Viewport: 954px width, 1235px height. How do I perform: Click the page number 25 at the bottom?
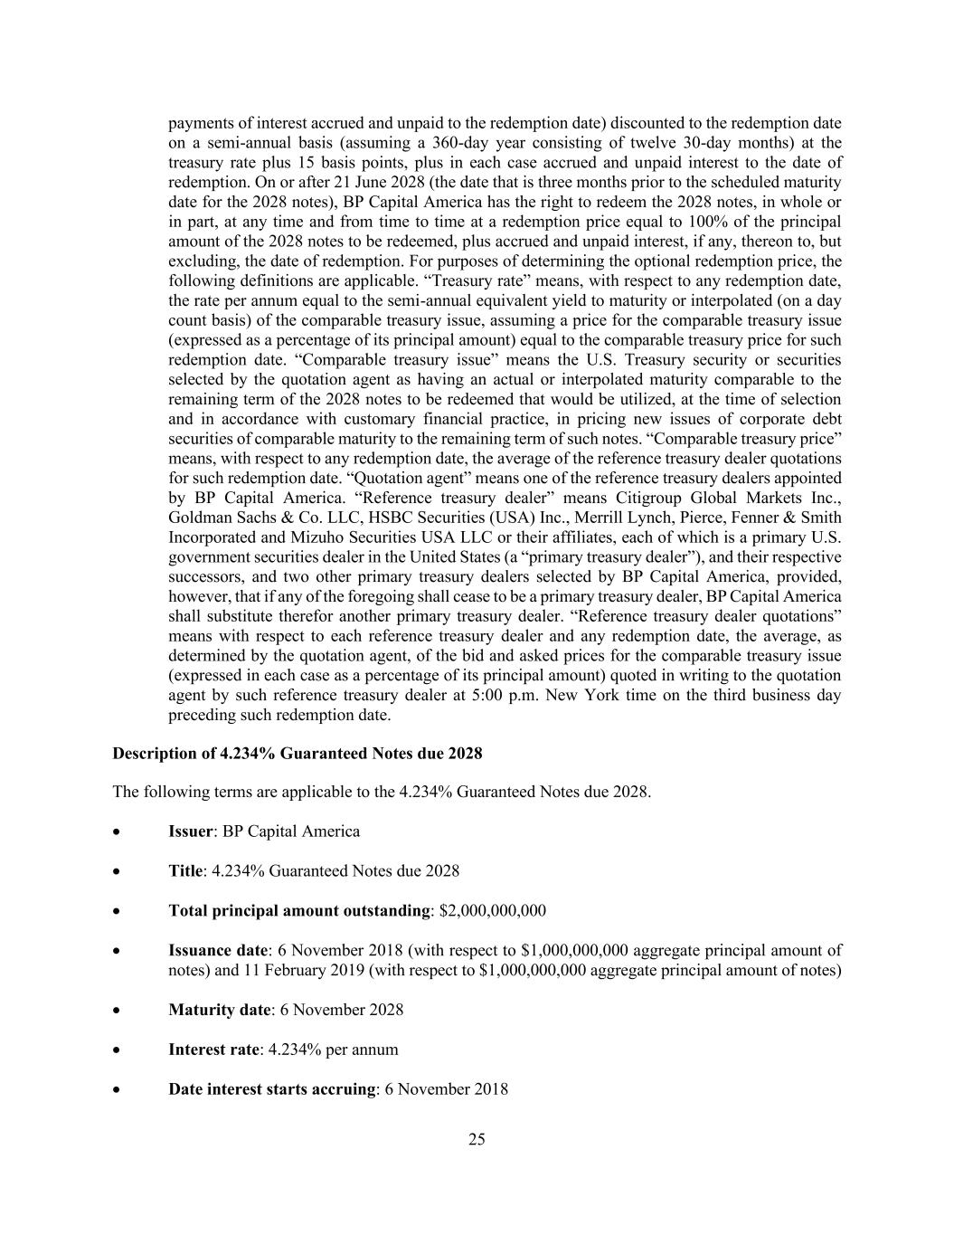point(477,1139)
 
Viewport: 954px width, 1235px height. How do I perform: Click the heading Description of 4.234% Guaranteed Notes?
point(297,754)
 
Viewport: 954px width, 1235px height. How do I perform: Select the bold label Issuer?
point(191,831)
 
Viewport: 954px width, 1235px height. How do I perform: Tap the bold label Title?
point(185,871)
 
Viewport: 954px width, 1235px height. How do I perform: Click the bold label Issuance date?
point(218,950)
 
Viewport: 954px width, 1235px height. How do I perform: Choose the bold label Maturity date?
point(219,1010)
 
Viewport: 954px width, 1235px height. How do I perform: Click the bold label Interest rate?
point(213,1050)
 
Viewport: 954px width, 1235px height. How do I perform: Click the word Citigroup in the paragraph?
point(651,498)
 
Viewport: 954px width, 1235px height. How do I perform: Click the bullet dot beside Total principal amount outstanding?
point(117,911)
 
